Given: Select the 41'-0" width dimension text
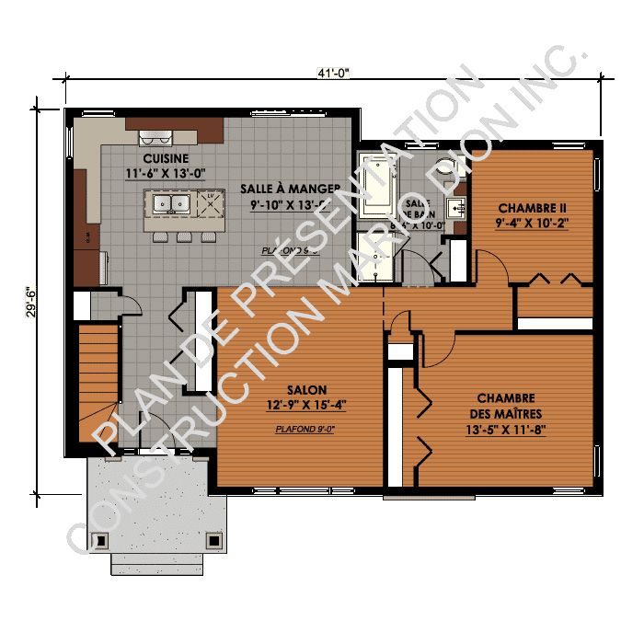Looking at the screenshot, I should [x=332, y=73].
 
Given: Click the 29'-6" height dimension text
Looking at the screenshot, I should [x=32, y=299].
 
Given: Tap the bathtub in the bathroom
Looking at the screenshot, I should [x=377, y=186].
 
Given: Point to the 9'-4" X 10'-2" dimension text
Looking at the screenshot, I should [x=531, y=222].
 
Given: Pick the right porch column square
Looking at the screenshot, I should [x=213, y=539].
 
